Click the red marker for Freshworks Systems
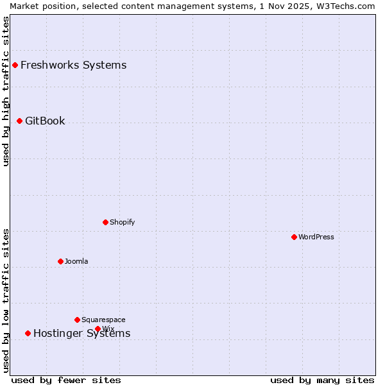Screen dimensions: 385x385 (15, 65)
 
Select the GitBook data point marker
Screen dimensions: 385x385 (19, 121)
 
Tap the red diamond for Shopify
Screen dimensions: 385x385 (105, 222)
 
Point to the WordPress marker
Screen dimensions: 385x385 (294, 237)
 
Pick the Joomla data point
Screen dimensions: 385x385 (60, 261)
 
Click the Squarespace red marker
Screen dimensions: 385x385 (77, 320)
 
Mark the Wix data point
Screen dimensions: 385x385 (98, 329)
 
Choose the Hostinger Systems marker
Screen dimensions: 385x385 (28, 333)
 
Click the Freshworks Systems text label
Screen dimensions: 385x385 (73, 65)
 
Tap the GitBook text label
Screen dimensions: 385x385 (45, 121)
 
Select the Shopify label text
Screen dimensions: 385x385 (122, 222)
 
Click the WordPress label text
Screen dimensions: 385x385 (316, 237)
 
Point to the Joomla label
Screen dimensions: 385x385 (76, 261)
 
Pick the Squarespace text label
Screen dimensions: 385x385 (103, 320)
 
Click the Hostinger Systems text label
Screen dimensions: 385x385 (81, 333)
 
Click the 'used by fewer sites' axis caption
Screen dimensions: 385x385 (66, 380)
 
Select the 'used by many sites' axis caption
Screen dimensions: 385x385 (322, 380)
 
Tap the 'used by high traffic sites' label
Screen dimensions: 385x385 (6, 91)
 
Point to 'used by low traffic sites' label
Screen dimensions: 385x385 (6, 300)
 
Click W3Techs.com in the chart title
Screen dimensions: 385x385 (345, 6)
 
